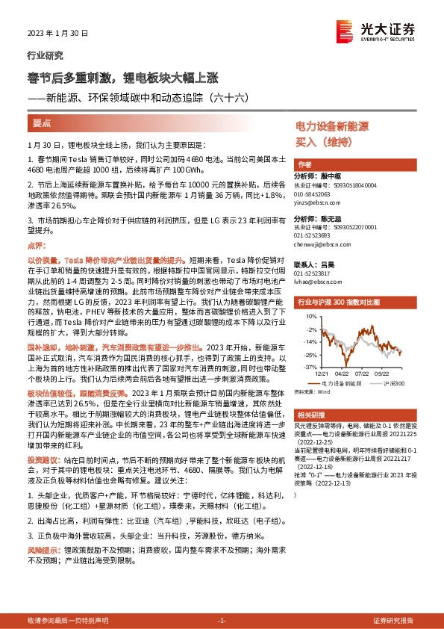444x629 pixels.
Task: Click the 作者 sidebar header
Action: point(304,164)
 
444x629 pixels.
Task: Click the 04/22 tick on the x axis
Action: point(341,374)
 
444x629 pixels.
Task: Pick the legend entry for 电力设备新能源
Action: point(334,381)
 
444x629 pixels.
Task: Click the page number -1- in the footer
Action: point(221,621)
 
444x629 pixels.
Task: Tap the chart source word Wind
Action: point(323,390)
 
